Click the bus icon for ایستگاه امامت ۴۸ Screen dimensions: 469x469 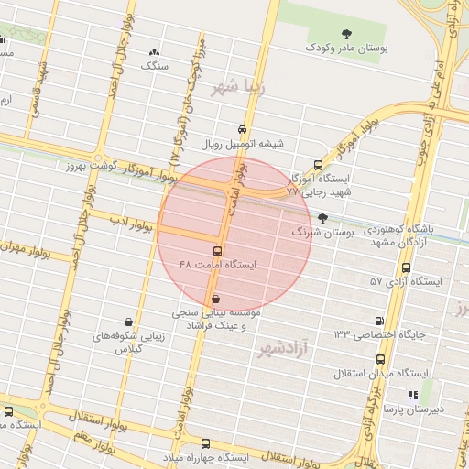pyautogui.click(x=217, y=251)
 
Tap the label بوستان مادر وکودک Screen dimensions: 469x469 pyautogui.click(x=344, y=45)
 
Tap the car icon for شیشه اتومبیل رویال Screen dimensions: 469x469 pyautogui.click(x=242, y=130)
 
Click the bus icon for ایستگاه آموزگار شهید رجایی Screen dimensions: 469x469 pyautogui.click(x=318, y=166)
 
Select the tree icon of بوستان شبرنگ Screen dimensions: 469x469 pyautogui.click(x=322, y=218)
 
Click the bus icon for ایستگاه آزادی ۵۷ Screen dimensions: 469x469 pyautogui.click(x=406, y=267)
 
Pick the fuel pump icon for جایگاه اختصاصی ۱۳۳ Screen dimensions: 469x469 pyautogui.click(x=379, y=321)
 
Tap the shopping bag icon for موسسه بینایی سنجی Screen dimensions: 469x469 pyautogui.click(x=215, y=299)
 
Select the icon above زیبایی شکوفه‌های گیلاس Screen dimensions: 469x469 pyautogui.click(x=128, y=322)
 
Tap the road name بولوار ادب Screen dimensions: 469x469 pyautogui.click(x=132, y=222)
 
